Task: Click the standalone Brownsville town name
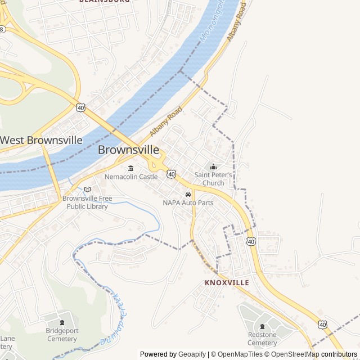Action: (128, 150)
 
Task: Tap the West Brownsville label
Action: (41, 140)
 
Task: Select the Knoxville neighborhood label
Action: (227, 282)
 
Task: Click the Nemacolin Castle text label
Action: (131, 177)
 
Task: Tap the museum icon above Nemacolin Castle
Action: (131, 168)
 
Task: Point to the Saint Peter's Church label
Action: (213, 179)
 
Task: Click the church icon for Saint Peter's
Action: (213, 166)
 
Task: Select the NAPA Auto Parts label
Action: (188, 202)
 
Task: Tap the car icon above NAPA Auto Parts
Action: (188, 194)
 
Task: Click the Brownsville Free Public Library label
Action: (87, 202)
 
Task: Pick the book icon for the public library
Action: (87, 190)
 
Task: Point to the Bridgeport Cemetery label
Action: (61, 335)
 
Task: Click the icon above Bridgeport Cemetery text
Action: (61, 322)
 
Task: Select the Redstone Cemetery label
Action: (262, 339)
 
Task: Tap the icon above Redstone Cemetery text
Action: (262, 326)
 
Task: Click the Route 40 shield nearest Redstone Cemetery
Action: (322, 325)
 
